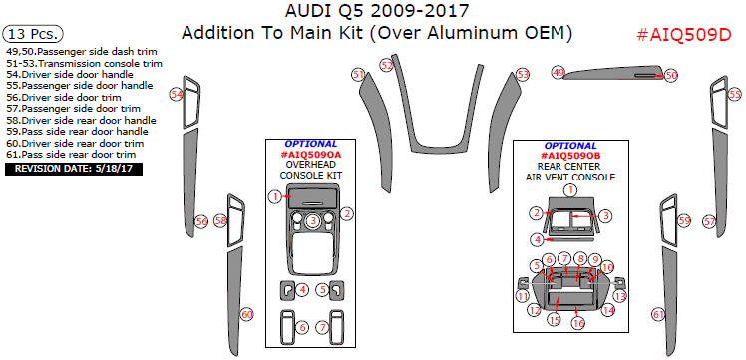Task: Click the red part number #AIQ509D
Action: pyautogui.click(x=683, y=35)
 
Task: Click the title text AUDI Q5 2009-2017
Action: pyautogui.click(x=375, y=11)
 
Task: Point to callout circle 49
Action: pyautogui.click(x=559, y=72)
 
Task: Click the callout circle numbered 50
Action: pyautogui.click(x=670, y=75)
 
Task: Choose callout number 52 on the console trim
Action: pyautogui.click(x=387, y=65)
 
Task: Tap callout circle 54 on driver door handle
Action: pyautogui.click(x=176, y=95)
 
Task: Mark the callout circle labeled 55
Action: pyautogui.click(x=735, y=95)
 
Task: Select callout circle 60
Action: pyautogui.click(x=246, y=314)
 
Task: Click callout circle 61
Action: pyautogui.click(x=658, y=314)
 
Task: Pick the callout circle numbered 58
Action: pyautogui.click(x=220, y=220)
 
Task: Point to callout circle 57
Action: pyautogui.click(x=710, y=221)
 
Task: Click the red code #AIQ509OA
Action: pyautogui.click(x=311, y=155)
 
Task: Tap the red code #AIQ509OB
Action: pyautogui.click(x=571, y=156)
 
